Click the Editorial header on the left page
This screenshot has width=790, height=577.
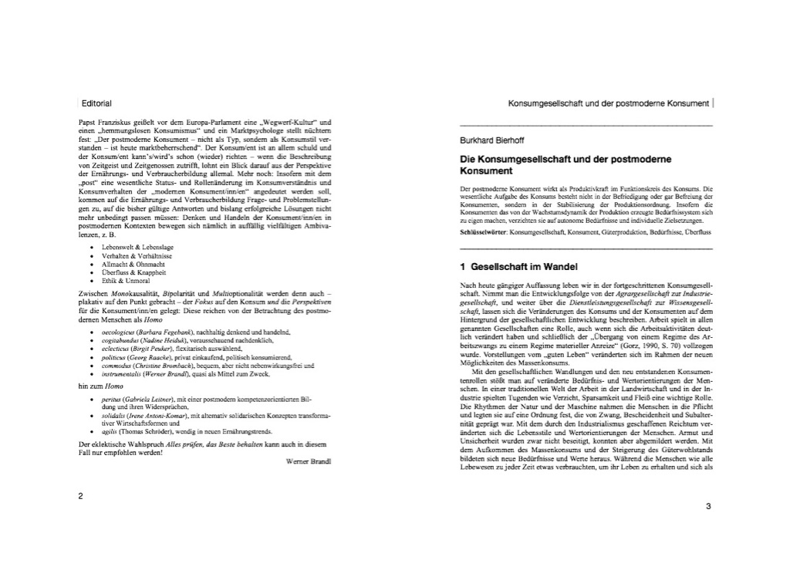pyautogui.click(x=96, y=103)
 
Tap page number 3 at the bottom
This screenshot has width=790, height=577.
pyautogui.click(x=707, y=506)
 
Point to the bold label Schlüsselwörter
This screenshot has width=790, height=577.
pyautogui.click(x=483, y=231)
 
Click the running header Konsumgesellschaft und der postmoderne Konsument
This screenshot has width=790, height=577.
pyautogui.click(x=608, y=103)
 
